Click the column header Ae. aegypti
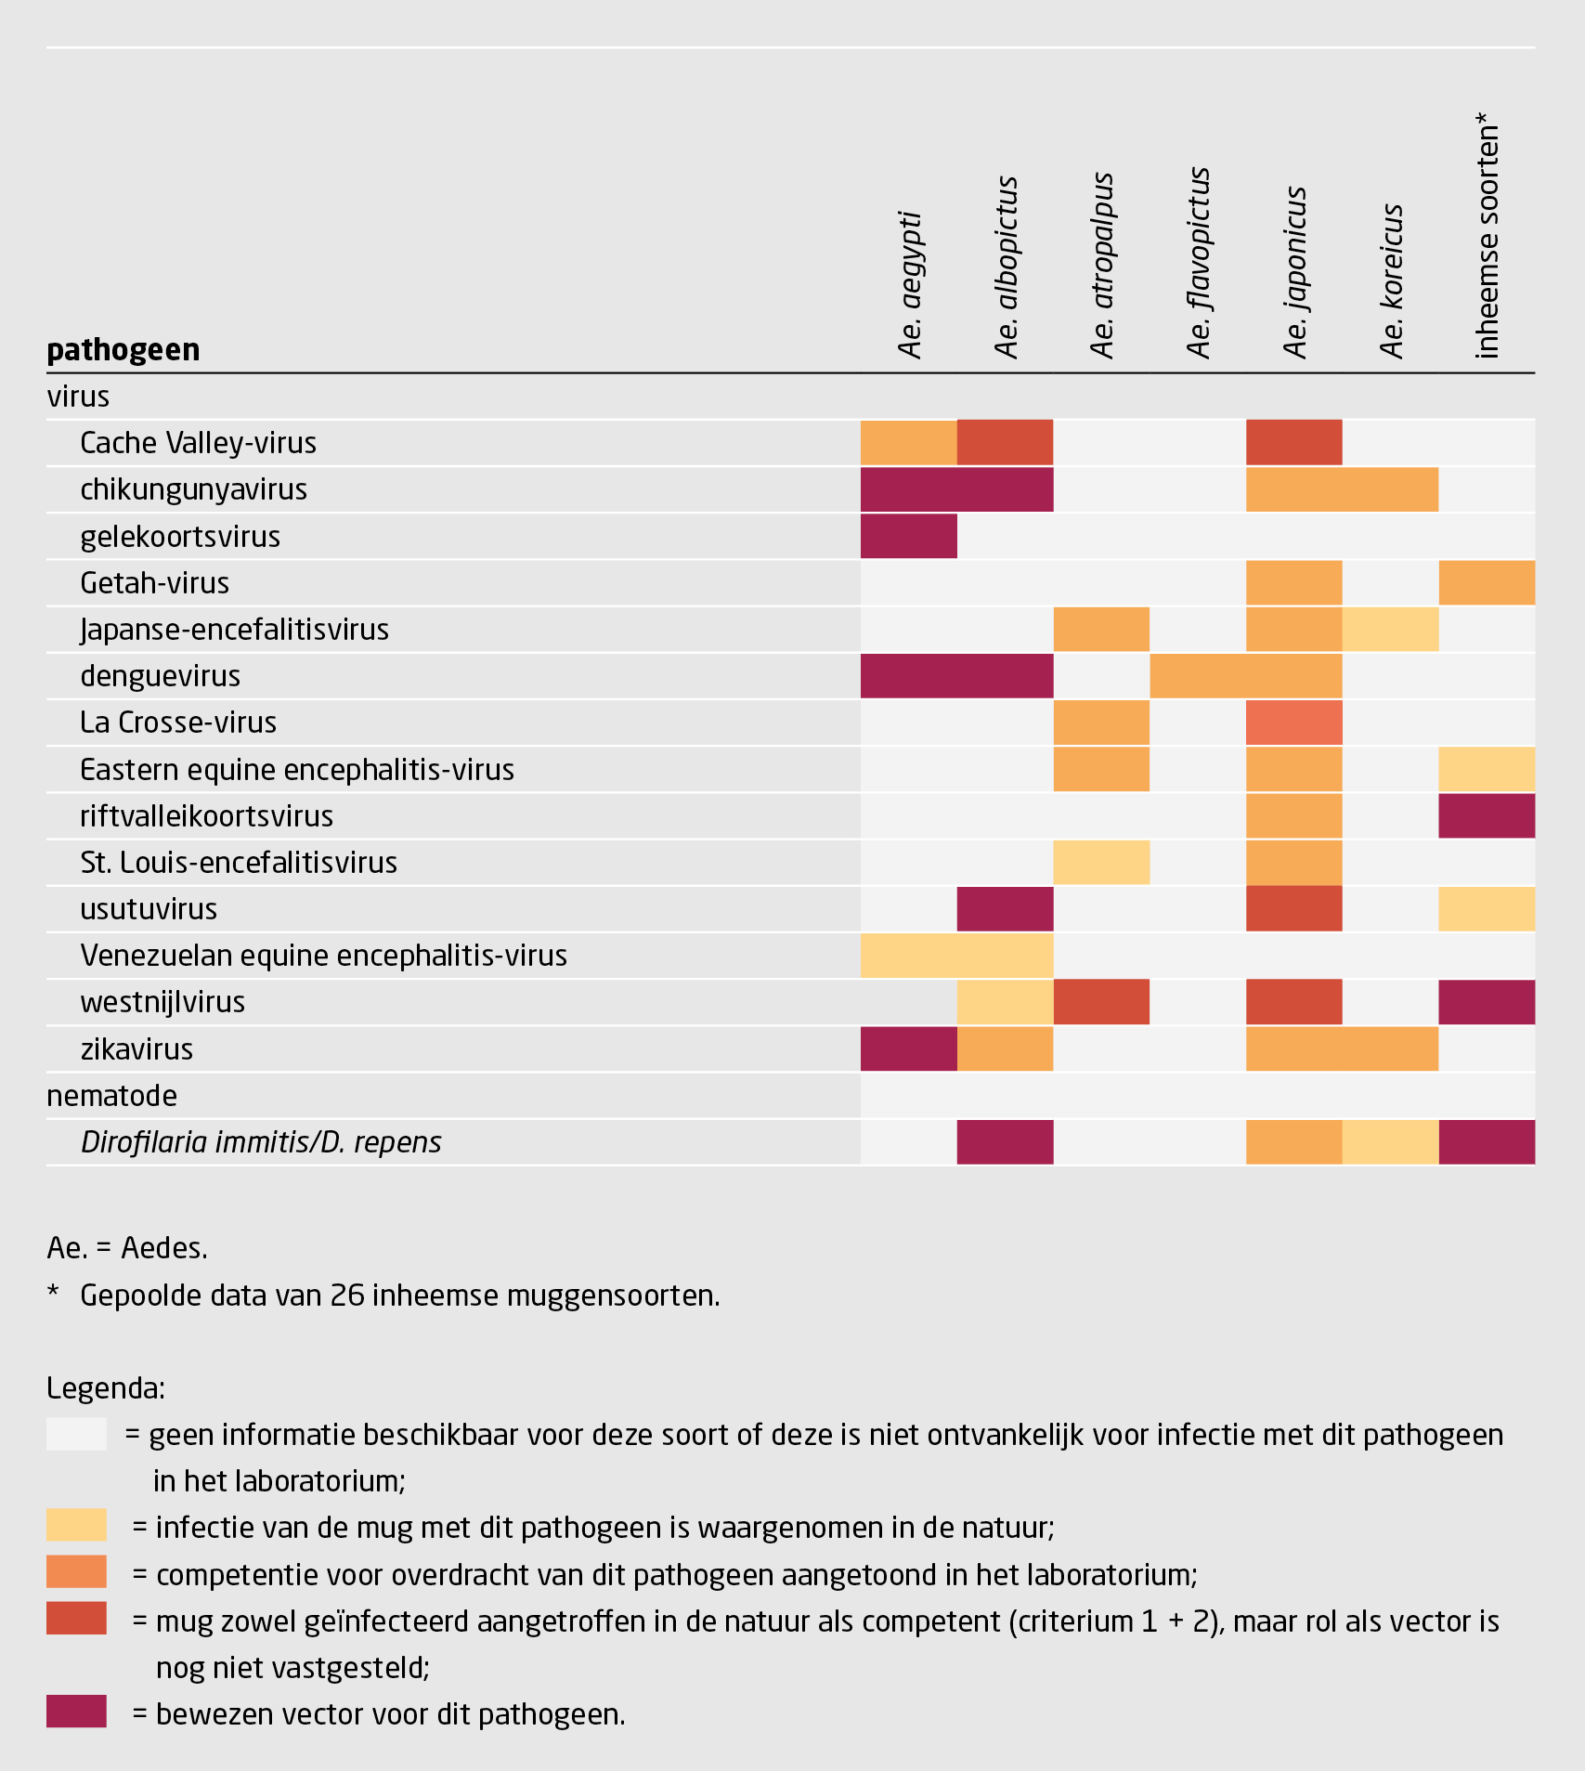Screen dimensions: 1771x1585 (x=910, y=285)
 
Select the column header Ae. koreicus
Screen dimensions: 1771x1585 (x=1391, y=281)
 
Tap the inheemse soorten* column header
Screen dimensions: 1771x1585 (x=1487, y=236)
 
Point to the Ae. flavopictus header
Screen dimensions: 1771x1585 (x=1199, y=263)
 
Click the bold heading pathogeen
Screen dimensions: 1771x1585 (x=123, y=350)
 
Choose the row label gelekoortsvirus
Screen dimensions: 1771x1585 (x=180, y=537)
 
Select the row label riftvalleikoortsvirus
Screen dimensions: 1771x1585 (x=206, y=816)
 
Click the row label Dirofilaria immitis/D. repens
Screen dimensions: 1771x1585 (x=261, y=1142)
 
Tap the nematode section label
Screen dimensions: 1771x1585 (x=111, y=1096)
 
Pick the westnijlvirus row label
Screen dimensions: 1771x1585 (x=162, y=1002)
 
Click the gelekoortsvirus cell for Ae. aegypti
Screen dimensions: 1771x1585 (x=908, y=537)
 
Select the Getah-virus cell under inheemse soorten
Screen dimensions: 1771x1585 (x=1486, y=583)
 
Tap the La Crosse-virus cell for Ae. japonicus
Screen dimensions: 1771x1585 (x=1293, y=723)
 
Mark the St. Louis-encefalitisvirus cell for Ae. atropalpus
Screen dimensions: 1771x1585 (x=1101, y=863)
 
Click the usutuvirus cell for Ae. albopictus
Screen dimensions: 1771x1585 (x=1005, y=909)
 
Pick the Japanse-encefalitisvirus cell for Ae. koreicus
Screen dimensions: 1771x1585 (x=1390, y=630)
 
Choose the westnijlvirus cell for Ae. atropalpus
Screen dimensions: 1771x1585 (x=1101, y=1002)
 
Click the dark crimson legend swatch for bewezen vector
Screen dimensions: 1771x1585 (x=76, y=1712)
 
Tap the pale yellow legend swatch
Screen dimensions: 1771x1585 (x=76, y=1525)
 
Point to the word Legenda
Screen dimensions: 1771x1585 (x=105, y=1388)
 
